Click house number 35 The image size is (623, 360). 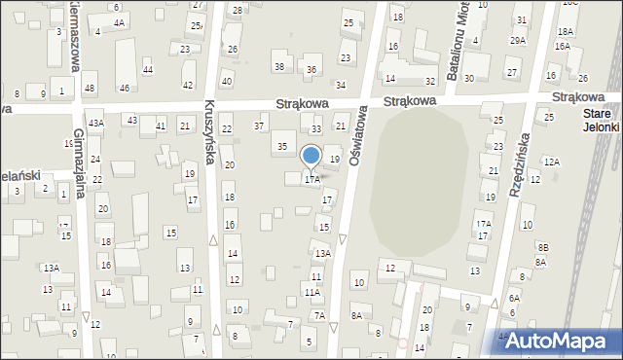(x=282, y=146)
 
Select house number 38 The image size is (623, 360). (x=279, y=66)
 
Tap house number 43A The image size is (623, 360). (x=95, y=123)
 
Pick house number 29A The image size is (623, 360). (x=517, y=40)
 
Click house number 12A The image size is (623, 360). (x=552, y=162)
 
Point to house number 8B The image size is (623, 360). (x=543, y=248)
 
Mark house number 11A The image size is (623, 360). (x=311, y=292)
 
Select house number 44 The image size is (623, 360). (x=148, y=69)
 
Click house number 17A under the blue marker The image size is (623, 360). (x=311, y=180)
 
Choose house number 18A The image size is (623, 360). (x=565, y=31)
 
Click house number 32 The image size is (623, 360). (x=429, y=81)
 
